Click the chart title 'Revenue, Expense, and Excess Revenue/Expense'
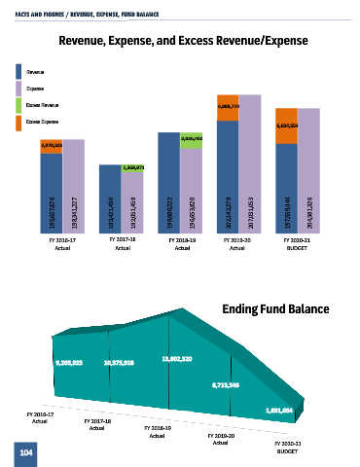point(184,42)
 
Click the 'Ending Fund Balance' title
point(275,308)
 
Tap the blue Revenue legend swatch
point(19,71)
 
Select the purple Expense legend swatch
point(19,88)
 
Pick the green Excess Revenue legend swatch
point(19,104)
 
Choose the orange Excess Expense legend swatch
point(19,122)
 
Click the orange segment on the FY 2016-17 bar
point(51,146)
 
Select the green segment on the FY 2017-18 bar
point(133,167)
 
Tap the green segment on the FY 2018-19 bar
point(192,137)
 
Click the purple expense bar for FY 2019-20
point(250,163)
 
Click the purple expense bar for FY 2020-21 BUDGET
point(308,170)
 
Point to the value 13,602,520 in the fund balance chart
point(177,359)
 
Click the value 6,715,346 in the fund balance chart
point(227,386)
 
